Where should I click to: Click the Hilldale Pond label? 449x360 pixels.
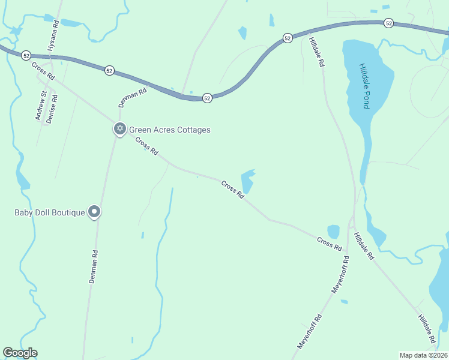pyautogui.click(x=364, y=86)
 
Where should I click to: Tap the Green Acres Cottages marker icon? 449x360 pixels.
pyautogui.click(x=119, y=128)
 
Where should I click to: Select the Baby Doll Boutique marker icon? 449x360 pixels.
pyautogui.click(x=94, y=211)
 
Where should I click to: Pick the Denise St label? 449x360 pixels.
pyautogui.click(x=52, y=108)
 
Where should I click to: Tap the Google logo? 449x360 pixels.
pyautogui.click(x=20, y=353)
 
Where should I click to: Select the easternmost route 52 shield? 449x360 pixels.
pyautogui.click(x=389, y=23)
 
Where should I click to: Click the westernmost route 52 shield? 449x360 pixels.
pyautogui.click(x=26, y=55)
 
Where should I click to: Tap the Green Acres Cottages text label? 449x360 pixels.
pyautogui.click(x=170, y=130)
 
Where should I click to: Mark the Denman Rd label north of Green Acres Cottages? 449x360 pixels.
pyautogui.click(x=132, y=98)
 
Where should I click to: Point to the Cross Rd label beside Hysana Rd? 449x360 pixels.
pyautogui.click(x=43, y=71)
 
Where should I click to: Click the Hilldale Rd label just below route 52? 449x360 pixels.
pyautogui.click(x=316, y=52)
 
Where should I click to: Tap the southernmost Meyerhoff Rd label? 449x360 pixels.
pyautogui.click(x=310, y=331)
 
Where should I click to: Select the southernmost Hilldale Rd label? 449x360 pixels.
pyautogui.click(x=427, y=329)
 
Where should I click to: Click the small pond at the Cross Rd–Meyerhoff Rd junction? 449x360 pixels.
pyautogui.click(x=334, y=231)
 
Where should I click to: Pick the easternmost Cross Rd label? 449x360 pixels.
pyautogui.click(x=330, y=244)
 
